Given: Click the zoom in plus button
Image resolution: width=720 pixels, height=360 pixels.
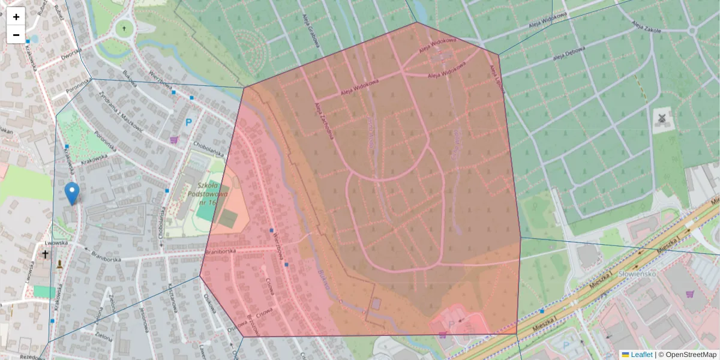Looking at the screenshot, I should pyautogui.click(x=16, y=17).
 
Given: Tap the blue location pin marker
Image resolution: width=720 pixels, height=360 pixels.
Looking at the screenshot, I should pyautogui.click(x=72, y=193).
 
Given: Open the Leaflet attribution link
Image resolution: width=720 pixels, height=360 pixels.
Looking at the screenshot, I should pyautogui.click(x=641, y=355).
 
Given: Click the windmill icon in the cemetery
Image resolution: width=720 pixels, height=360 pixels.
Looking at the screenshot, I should pyautogui.click(x=662, y=119).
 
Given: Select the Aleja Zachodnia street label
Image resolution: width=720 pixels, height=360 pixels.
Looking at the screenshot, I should pyautogui.click(x=325, y=120).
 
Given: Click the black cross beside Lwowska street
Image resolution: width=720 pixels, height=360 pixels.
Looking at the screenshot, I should pyautogui.click(x=44, y=254).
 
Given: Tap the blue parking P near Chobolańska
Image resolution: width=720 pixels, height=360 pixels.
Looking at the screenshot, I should pyautogui.click(x=188, y=123).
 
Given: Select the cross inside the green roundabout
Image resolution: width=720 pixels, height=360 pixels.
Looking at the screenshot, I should pyautogui.click(x=124, y=28).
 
